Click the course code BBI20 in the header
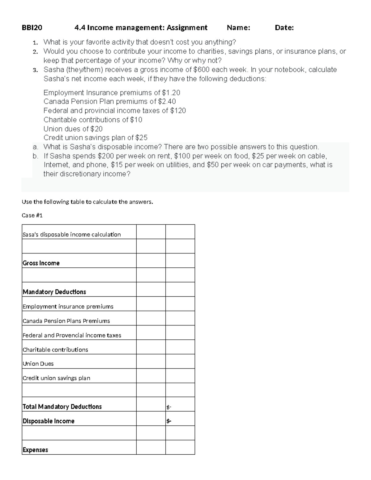(32, 28)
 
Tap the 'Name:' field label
(238, 28)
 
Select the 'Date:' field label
(284, 28)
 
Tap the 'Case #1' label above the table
(32, 215)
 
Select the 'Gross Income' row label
(41, 263)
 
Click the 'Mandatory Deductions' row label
(54, 292)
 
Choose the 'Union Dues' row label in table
(38, 364)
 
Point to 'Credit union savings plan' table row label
(57, 378)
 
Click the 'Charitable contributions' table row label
(55, 350)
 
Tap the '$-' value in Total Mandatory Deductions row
(169, 407)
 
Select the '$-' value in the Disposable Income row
(169, 421)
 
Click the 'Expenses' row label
(35, 450)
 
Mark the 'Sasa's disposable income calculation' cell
(72, 235)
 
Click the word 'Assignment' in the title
(187, 28)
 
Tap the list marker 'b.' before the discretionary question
(35, 156)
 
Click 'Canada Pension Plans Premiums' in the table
(66, 321)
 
